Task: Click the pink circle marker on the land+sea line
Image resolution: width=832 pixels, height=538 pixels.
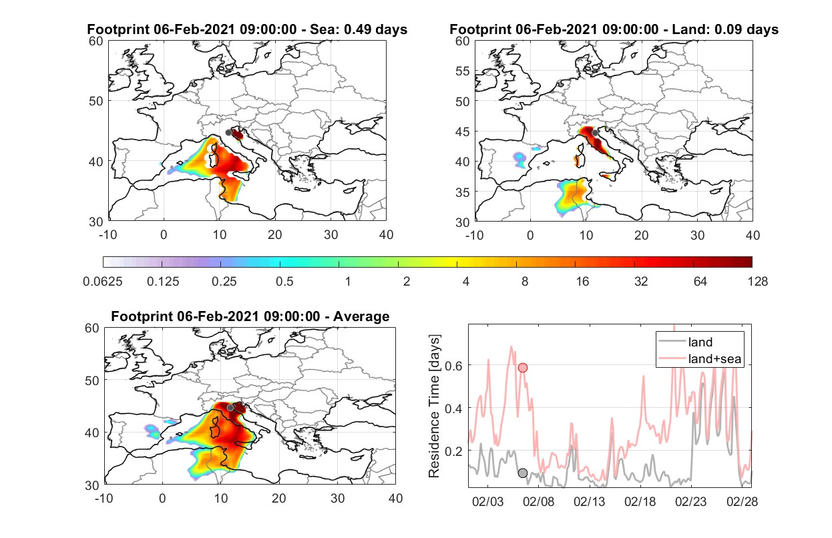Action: pyautogui.click(x=523, y=368)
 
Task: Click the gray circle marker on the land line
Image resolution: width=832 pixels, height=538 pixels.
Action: pyautogui.click(x=523, y=473)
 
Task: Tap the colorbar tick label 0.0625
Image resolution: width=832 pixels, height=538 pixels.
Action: pyautogui.click(x=103, y=282)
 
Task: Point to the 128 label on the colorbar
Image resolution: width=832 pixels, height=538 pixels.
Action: pyautogui.click(x=758, y=282)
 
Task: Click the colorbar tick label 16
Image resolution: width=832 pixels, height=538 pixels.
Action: pyautogui.click(x=582, y=282)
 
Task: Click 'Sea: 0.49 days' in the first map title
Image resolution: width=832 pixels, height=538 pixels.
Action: pyautogui.click(x=359, y=29)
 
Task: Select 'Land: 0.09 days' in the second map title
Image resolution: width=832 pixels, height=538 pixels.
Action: pyautogui.click(x=725, y=29)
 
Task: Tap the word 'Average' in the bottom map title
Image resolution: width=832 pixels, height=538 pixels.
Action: pyautogui.click(x=361, y=316)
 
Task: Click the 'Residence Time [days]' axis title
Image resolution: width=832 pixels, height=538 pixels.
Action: pyautogui.click(x=434, y=407)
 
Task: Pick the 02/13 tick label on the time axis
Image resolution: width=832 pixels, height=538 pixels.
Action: pyautogui.click(x=589, y=501)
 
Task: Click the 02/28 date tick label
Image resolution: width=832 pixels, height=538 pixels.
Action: pyautogui.click(x=742, y=501)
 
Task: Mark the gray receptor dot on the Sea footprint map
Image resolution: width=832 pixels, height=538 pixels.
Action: pyautogui.click(x=228, y=133)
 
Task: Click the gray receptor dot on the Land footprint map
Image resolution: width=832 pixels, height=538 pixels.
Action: pyautogui.click(x=595, y=133)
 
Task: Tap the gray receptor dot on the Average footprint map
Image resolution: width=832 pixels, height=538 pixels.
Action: pyautogui.click(x=230, y=408)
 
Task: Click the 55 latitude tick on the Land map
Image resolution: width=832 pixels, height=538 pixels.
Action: pyautogui.click(x=463, y=71)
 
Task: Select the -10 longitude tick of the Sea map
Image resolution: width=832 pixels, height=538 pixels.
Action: pyautogui.click(x=108, y=235)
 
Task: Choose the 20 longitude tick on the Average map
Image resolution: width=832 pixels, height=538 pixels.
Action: pyautogui.click(x=278, y=498)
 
